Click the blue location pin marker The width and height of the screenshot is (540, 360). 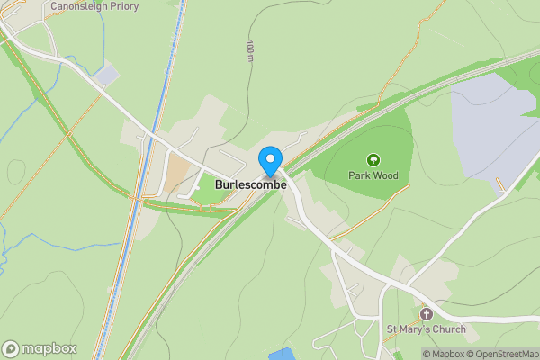pos(269,161)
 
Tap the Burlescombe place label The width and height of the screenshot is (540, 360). pos(250,184)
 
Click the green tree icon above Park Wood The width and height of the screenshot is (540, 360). pos(373,159)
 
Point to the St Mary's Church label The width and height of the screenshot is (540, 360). pos(427,329)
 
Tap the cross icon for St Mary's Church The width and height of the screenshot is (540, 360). pos(427,314)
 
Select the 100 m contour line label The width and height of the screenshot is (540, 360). pos(250,51)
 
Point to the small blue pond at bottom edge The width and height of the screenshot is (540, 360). pos(281,354)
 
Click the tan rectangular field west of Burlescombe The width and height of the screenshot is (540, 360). pos(176,175)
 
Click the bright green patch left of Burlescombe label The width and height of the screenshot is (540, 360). pos(208,191)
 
